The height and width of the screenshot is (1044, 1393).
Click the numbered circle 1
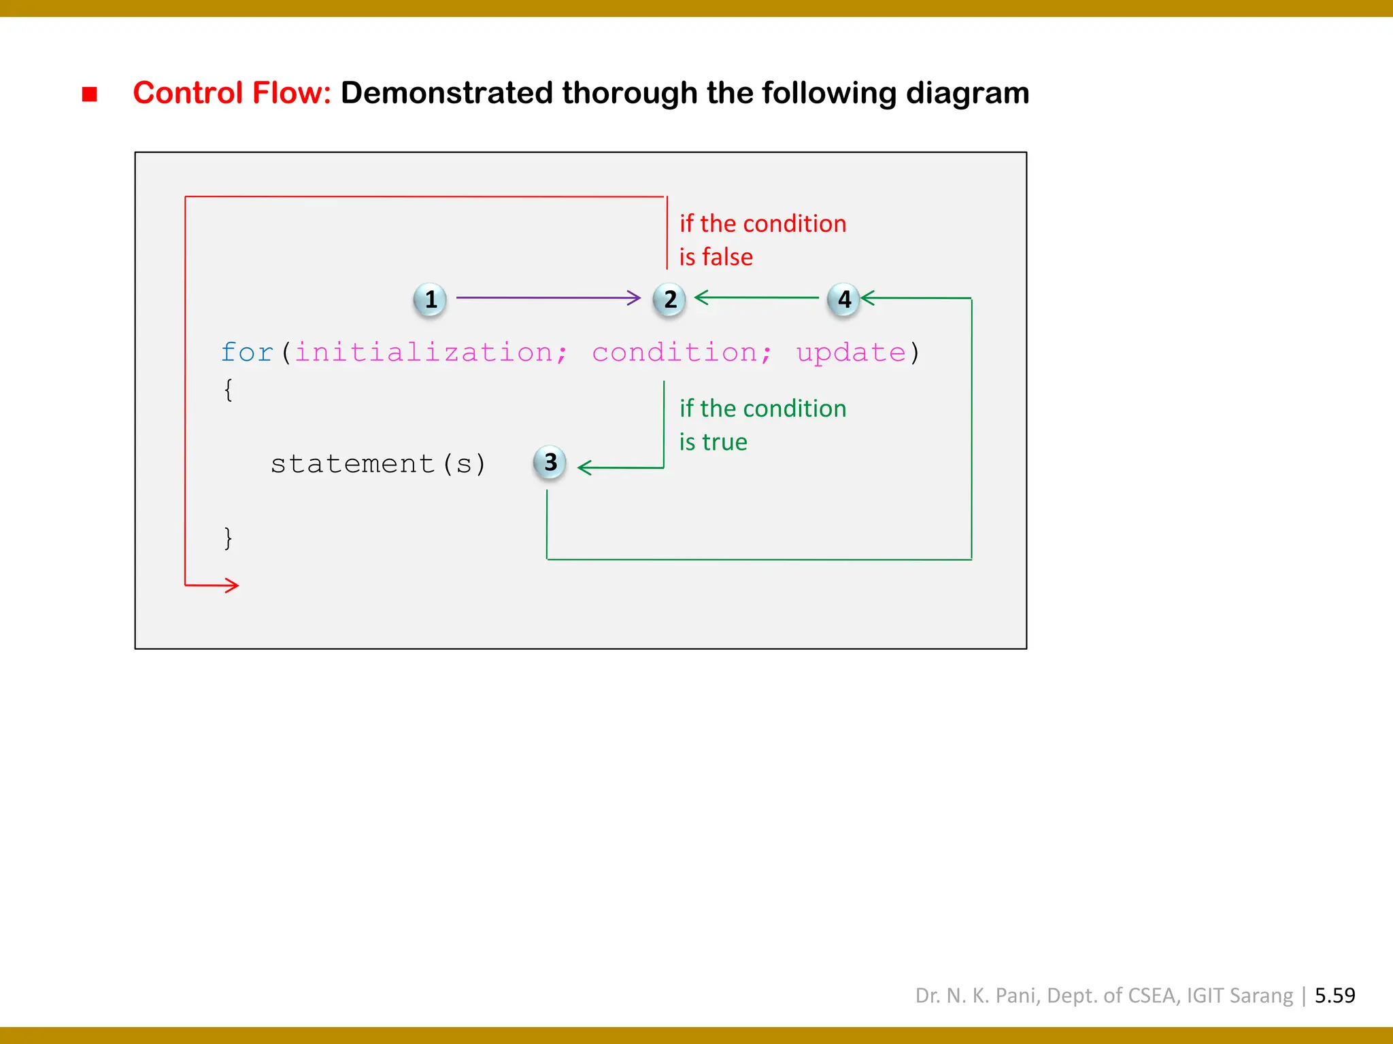pos(430,299)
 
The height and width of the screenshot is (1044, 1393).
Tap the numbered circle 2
pos(669,299)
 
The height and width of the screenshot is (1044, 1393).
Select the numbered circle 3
pos(550,462)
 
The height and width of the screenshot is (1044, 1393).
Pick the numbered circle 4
pos(843,299)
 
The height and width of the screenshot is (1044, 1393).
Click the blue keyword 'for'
pos(247,353)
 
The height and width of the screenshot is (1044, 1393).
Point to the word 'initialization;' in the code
pos(431,353)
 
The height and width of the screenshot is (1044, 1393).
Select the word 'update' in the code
pos(851,353)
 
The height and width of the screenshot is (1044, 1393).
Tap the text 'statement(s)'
pos(378,464)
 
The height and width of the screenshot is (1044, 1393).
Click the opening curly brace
pos(229,390)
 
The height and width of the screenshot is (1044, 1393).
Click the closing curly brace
pos(229,538)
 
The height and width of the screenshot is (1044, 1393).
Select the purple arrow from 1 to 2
pos(548,298)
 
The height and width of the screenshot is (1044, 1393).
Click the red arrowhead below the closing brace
pos(231,585)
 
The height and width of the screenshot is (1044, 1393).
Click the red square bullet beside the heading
pos(89,94)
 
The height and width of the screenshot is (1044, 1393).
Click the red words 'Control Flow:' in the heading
pos(231,93)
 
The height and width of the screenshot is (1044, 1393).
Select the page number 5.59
pos(1335,995)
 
